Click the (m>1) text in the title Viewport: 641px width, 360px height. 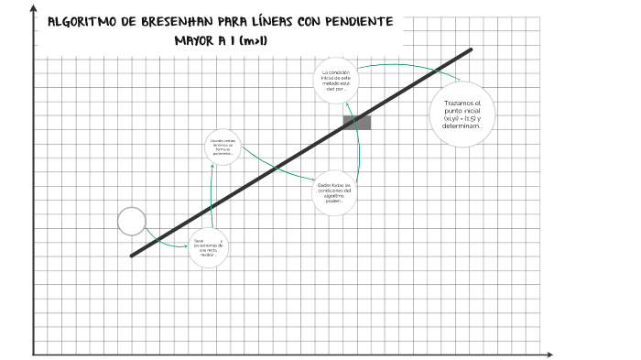(265, 40)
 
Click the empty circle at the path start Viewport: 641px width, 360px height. (132, 221)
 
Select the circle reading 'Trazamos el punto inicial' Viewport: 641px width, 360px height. (462, 115)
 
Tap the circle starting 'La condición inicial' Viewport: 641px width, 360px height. (336, 82)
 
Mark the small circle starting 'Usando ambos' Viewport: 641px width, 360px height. (223, 147)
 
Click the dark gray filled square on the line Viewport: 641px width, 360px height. (357, 123)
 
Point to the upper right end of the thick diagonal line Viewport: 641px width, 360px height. (471, 49)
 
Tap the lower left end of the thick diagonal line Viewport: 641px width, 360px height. (133, 256)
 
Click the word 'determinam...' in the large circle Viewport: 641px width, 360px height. (462, 137)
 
